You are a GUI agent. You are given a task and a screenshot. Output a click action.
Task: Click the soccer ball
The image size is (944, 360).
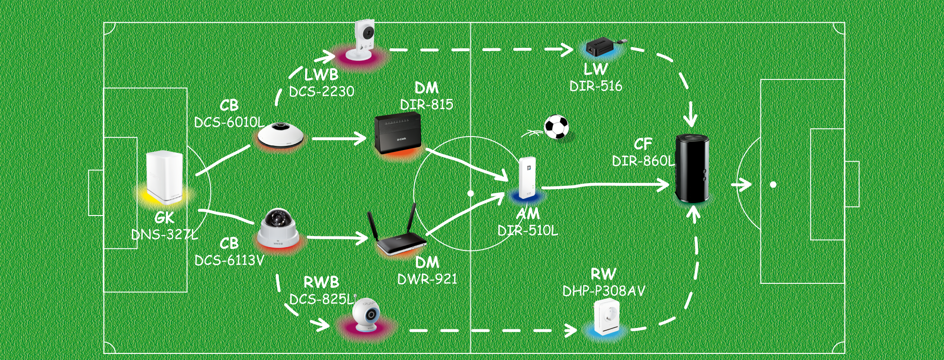(x=556, y=127)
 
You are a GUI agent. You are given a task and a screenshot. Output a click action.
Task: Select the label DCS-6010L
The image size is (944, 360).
(x=229, y=122)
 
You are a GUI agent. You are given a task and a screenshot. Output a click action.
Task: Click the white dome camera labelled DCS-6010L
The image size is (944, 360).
(x=281, y=135)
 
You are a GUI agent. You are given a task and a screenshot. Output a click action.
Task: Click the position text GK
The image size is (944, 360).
(x=164, y=218)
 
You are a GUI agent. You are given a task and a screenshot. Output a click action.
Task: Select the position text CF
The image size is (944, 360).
(x=643, y=144)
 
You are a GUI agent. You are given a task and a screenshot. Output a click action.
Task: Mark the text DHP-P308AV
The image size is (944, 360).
(x=604, y=291)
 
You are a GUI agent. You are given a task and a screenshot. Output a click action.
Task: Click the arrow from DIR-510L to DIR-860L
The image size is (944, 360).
(x=604, y=186)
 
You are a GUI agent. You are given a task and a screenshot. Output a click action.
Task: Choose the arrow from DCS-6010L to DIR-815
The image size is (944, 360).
(x=339, y=138)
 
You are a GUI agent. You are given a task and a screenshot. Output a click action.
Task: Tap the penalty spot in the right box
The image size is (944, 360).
(x=773, y=185)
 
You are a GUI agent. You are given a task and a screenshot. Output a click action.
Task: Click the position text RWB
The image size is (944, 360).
(x=321, y=282)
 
